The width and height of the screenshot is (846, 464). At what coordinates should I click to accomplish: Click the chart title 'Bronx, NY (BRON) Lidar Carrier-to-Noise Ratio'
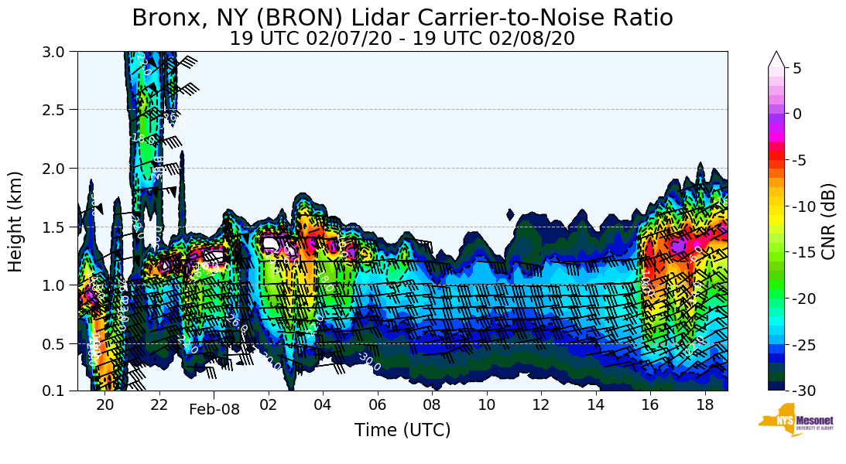pos(402,18)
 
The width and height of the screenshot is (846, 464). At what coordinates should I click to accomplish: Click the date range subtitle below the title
pos(402,39)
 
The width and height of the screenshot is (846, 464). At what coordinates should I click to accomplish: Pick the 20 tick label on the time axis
pos(104,404)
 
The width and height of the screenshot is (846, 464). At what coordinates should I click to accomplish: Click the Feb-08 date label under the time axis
pos(214,410)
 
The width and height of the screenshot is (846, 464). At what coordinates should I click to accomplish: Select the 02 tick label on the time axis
pos(269,404)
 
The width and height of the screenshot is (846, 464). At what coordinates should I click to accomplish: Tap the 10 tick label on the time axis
pos(487,404)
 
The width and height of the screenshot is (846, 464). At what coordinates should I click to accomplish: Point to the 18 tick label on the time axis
pos(704,404)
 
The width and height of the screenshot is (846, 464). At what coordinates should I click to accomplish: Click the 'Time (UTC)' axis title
pos(402,431)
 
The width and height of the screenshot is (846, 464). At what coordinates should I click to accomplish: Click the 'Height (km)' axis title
pos(15,221)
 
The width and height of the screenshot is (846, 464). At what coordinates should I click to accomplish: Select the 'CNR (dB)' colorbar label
pos(828,221)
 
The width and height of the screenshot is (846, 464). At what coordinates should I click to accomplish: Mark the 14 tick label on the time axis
pos(595,404)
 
